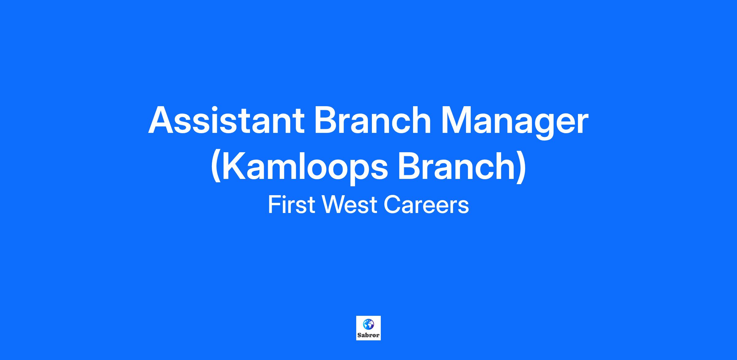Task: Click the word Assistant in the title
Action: coord(226,120)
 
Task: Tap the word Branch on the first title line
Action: coord(372,120)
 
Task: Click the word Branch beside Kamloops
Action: coord(457,166)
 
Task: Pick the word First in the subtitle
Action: coord(291,205)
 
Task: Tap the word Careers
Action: coord(426,205)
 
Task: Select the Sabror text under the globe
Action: coord(368,335)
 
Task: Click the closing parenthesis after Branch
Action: coord(521,167)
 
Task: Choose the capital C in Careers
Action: coord(392,205)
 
